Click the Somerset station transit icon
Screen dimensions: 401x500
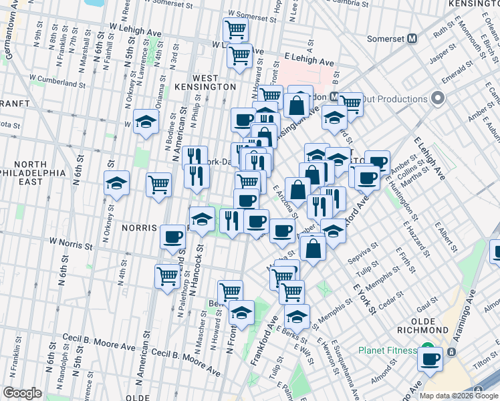coord(412,38)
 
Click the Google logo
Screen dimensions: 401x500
coord(22,393)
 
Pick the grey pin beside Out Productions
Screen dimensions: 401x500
coord(439,99)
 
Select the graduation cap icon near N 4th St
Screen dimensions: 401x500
coord(144,122)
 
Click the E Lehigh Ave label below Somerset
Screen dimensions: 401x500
coord(309,60)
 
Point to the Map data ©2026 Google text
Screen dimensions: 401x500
coord(459,396)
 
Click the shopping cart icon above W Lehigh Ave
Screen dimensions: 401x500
coord(235,29)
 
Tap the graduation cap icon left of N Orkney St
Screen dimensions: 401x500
coord(116,184)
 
